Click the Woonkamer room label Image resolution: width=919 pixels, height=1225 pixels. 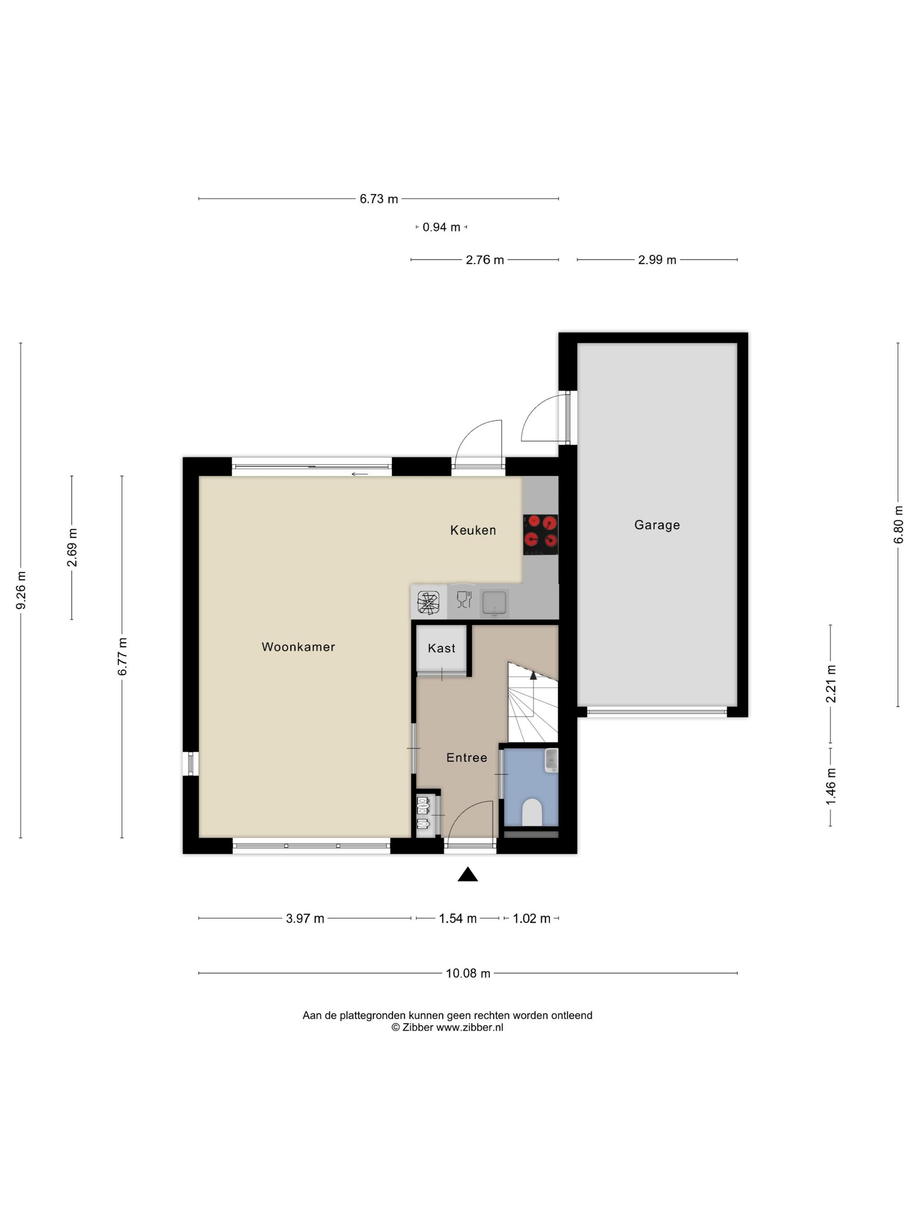pyautogui.click(x=298, y=647)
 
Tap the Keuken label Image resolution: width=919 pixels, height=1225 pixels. pyautogui.click(x=473, y=530)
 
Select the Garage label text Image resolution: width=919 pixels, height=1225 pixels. pyautogui.click(x=657, y=525)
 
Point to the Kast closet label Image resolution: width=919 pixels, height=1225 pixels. pyautogui.click(x=442, y=648)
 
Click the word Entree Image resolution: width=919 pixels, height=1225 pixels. pyautogui.click(x=467, y=758)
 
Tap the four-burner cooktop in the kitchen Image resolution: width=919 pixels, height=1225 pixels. pyautogui.click(x=540, y=535)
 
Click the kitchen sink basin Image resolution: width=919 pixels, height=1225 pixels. pyautogui.click(x=494, y=602)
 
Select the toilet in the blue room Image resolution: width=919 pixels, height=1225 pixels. pyautogui.click(x=532, y=812)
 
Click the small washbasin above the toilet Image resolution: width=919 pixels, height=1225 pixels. pyautogui.click(x=551, y=760)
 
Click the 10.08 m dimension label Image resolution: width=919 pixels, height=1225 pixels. pyautogui.click(x=468, y=973)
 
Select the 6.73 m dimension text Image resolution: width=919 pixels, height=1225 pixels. pyautogui.click(x=379, y=199)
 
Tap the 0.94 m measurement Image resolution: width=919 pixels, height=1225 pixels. pyautogui.click(x=442, y=227)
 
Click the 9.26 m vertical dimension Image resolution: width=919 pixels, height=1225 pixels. pyautogui.click(x=21, y=590)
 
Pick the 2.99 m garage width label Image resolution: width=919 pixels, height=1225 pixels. pyautogui.click(x=657, y=260)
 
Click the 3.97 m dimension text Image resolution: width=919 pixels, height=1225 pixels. pyautogui.click(x=305, y=919)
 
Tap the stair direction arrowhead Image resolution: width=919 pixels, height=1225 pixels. pyautogui.click(x=533, y=675)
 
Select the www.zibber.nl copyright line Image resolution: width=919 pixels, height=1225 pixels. pyautogui.click(x=448, y=1027)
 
